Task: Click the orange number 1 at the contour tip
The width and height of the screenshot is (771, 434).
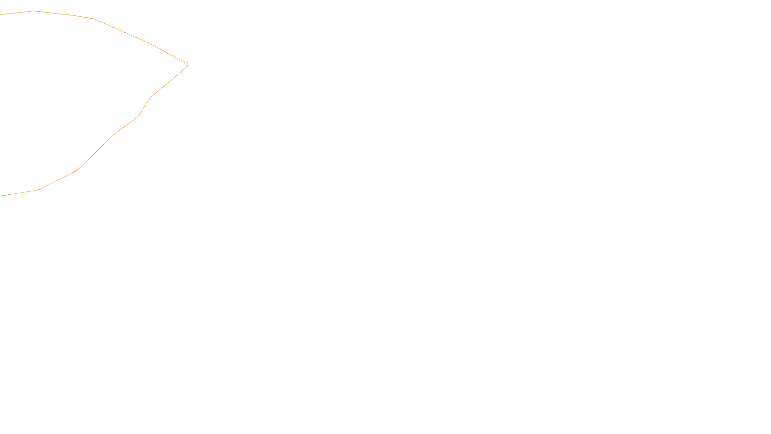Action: (187, 64)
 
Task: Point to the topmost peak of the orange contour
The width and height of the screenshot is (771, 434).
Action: (34, 11)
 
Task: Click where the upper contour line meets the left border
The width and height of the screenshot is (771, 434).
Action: (0, 14)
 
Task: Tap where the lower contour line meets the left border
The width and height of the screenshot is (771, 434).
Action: (0, 196)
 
